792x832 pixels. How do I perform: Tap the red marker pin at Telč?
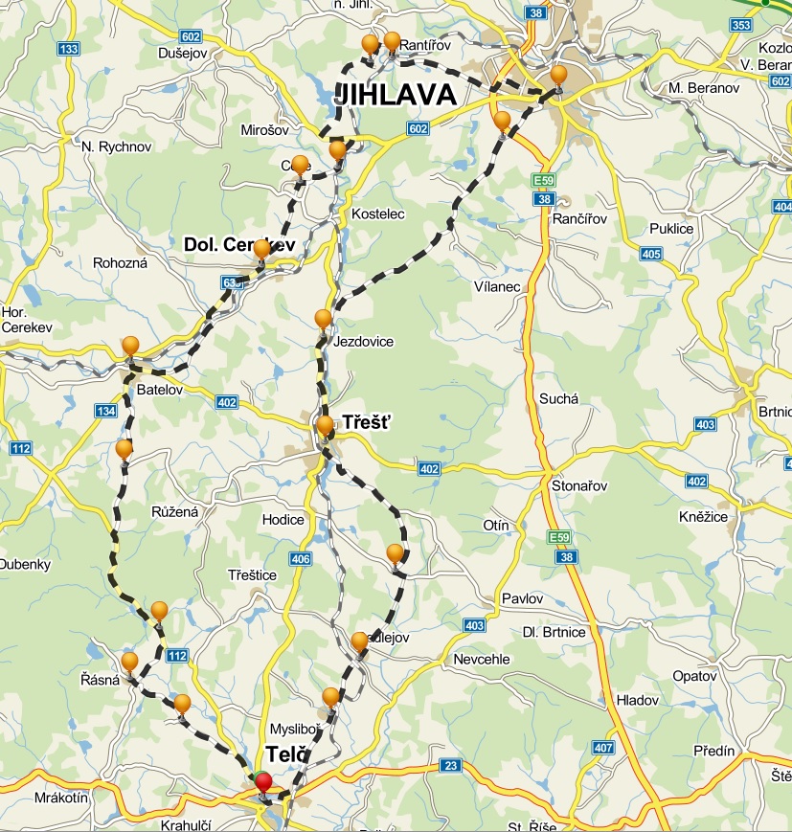click(x=263, y=783)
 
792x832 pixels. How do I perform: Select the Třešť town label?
click(x=366, y=421)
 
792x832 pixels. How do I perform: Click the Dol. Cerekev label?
click(x=238, y=245)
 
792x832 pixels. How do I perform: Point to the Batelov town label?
click(x=159, y=391)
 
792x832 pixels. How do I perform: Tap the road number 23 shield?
click(x=451, y=766)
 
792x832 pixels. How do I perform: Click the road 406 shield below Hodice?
click(x=301, y=558)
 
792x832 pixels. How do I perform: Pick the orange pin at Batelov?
click(x=130, y=347)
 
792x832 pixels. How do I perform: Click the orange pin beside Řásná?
click(x=129, y=662)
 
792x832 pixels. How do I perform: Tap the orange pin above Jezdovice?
click(x=324, y=319)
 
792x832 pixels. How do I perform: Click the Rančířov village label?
click(x=580, y=219)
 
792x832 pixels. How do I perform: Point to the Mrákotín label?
click(x=61, y=797)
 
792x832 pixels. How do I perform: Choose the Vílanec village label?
click(x=496, y=286)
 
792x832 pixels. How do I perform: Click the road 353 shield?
click(x=740, y=25)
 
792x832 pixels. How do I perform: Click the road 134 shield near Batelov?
click(x=105, y=411)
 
